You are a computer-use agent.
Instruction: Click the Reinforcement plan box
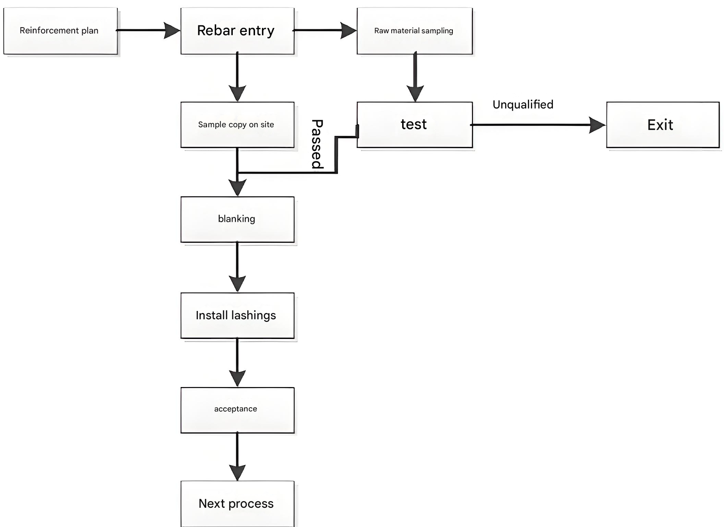coord(60,31)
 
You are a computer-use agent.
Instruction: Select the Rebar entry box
coord(237,31)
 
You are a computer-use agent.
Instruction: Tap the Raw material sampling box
coord(414,31)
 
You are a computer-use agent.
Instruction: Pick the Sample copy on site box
coord(237,125)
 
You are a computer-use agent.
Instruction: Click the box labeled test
coord(414,125)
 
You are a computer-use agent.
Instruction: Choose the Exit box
coord(662,125)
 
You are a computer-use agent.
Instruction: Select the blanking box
coord(237,219)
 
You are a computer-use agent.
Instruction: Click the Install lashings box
coord(237,315)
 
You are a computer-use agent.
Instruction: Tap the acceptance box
coord(237,410)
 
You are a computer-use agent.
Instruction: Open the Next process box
coord(237,503)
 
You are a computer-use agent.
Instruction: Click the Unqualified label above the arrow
coord(523,105)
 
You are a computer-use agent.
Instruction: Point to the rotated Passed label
coord(317,144)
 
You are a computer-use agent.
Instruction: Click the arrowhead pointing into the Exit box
coord(596,125)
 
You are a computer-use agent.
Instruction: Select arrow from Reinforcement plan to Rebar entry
coord(148,30)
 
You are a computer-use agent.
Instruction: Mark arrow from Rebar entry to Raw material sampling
coord(325,30)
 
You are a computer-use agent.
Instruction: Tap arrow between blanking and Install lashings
coord(237,267)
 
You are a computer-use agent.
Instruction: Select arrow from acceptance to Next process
coord(237,457)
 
